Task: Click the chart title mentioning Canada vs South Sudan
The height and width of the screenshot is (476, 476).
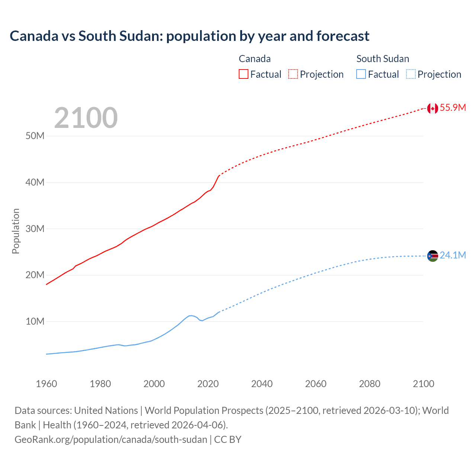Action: [189, 36]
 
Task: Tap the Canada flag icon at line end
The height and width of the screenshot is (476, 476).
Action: [432, 108]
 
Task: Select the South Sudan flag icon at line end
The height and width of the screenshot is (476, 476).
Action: [432, 256]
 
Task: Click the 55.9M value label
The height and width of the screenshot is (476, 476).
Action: [453, 108]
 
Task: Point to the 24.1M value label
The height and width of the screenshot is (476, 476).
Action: [453, 255]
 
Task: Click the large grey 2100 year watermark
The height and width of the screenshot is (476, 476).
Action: [86, 118]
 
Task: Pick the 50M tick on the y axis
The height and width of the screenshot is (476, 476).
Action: [35, 136]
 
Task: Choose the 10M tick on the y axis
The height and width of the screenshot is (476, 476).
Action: [35, 322]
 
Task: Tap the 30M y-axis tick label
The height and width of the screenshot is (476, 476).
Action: [35, 229]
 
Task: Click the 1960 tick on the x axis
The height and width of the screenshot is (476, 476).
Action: [46, 384]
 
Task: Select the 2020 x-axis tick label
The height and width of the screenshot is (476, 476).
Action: [208, 384]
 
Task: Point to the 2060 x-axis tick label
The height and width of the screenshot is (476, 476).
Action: [316, 384]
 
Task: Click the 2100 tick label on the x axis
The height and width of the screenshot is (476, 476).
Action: [423, 384]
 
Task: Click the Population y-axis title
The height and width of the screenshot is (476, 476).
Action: [16, 231]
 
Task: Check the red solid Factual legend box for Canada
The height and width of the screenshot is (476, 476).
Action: [244, 74]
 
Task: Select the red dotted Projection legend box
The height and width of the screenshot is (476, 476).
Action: [293, 74]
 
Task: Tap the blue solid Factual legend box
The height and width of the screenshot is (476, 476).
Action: [361, 74]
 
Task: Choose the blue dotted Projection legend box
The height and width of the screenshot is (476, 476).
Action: [411, 74]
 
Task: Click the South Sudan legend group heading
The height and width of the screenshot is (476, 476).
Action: [383, 59]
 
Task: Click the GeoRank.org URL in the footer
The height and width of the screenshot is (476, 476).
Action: [111, 440]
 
